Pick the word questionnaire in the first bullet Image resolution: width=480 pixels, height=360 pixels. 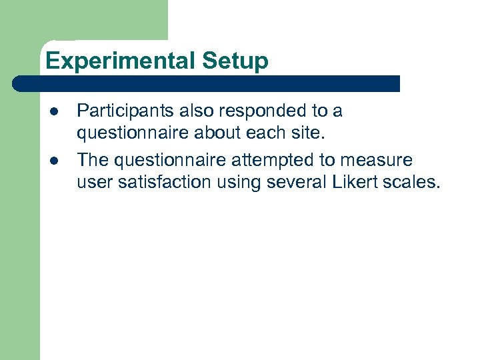[133, 133]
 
